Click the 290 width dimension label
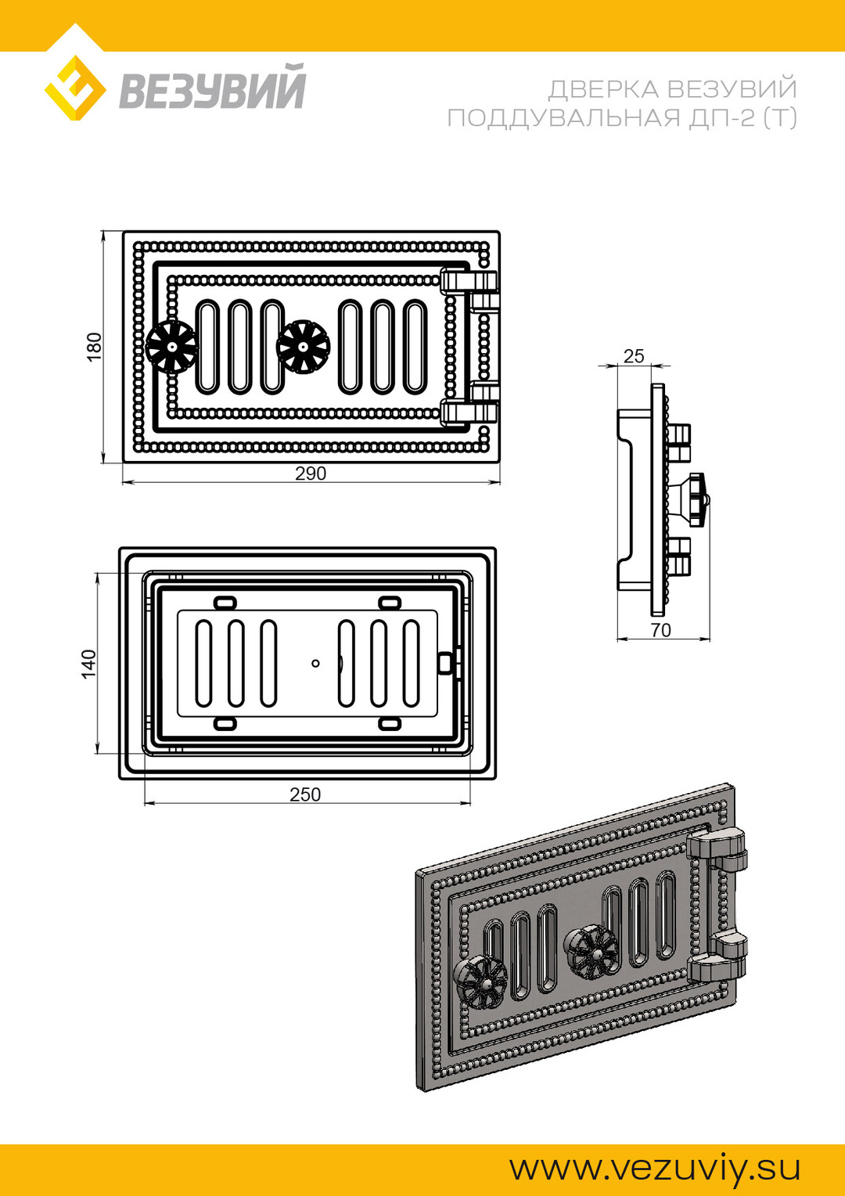(311, 474)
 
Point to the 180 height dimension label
(94, 347)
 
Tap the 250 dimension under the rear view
(305, 794)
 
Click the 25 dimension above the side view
(635, 355)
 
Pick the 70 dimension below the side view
(661, 630)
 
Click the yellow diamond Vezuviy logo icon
(75, 88)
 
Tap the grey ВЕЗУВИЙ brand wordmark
(212, 86)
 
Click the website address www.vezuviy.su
(655, 1168)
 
